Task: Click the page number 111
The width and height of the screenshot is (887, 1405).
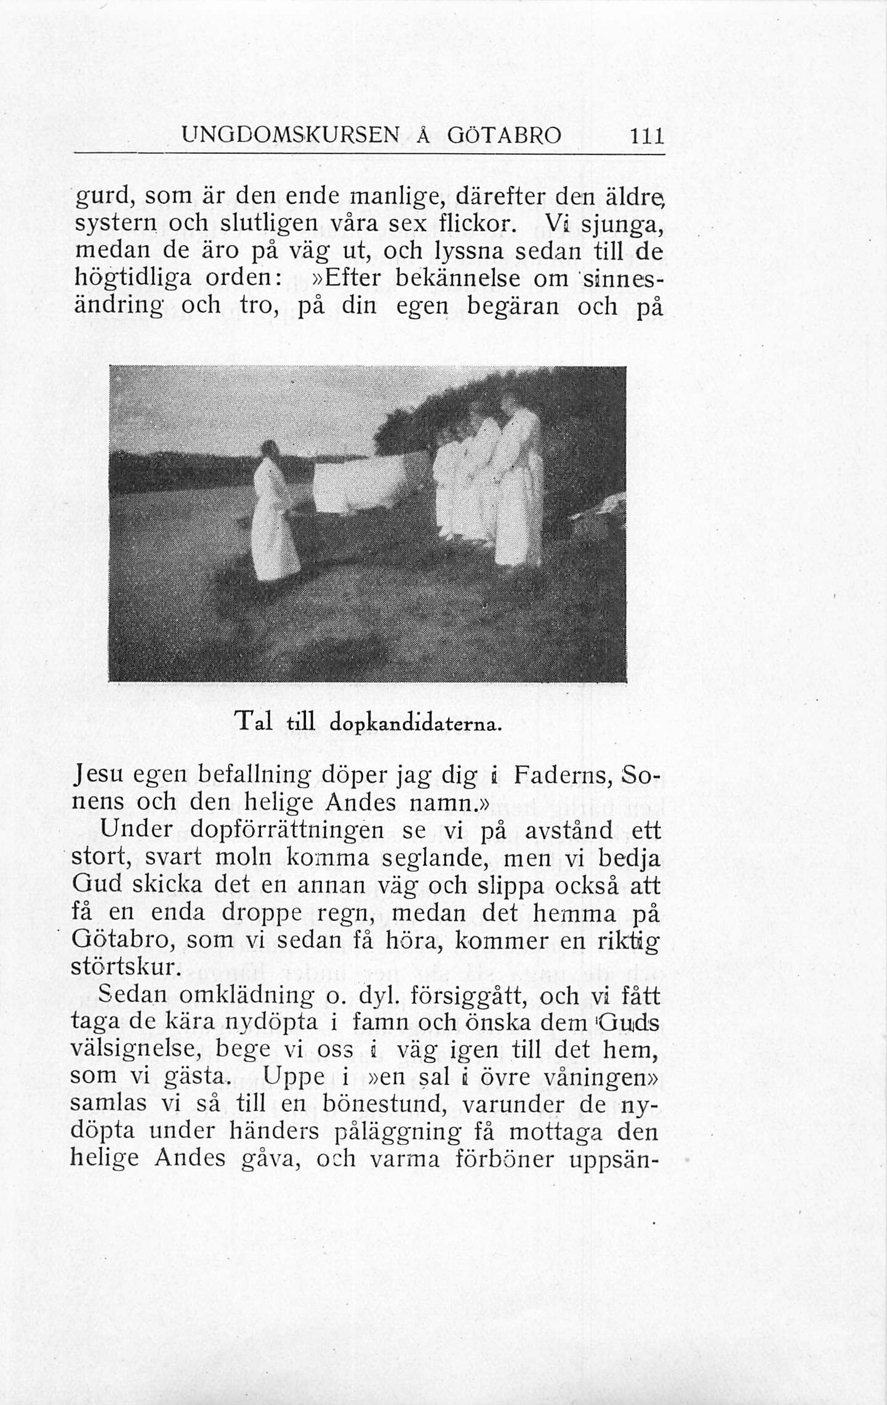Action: pos(646,135)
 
